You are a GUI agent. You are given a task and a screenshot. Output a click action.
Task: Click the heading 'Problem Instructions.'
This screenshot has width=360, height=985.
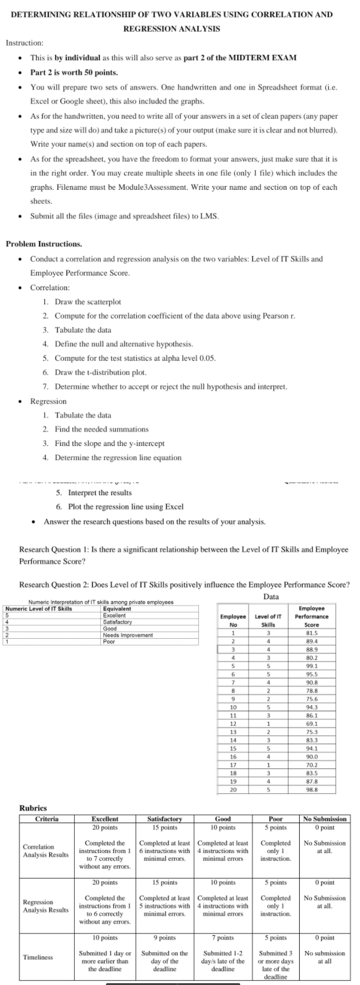click(x=44, y=244)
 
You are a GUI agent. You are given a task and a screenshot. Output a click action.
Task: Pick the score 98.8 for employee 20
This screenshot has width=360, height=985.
click(x=311, y=788)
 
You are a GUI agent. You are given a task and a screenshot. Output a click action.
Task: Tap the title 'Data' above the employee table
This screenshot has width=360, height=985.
click(x=271, y=596)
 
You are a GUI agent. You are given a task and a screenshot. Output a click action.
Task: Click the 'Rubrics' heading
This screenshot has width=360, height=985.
click(x=33, y=807)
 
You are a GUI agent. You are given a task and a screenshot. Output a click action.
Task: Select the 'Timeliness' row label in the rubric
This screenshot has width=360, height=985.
click(x=38, y=957)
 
